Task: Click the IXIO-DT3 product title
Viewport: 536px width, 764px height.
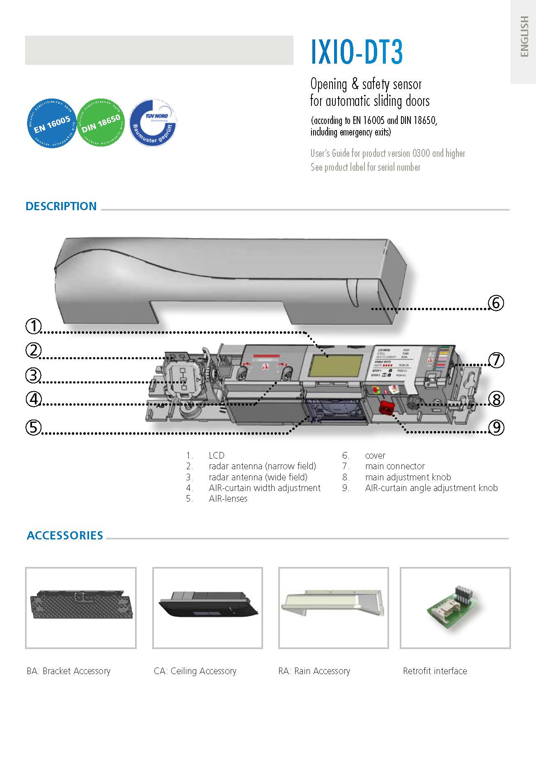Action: (x=356, y=52)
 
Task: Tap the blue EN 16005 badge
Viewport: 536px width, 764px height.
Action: (x=52, y=123)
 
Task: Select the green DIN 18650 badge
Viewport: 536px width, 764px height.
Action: (x=101, y=123)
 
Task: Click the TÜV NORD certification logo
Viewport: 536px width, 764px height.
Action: (x=153, y=123)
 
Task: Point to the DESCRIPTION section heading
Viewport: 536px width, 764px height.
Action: (x=61, y=206)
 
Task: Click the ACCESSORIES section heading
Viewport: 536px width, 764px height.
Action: (x=65, y=535)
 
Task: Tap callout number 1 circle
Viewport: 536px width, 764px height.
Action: (x=34, y=326)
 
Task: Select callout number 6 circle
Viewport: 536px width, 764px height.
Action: (x=496, y=303)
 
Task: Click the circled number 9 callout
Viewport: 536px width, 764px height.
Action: (x=496, y=428)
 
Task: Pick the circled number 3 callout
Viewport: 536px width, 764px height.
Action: (x=34, y=375)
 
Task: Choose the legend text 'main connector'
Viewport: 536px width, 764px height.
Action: (x=395, y=466)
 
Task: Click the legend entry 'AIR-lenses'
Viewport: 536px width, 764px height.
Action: (x=228, y=499)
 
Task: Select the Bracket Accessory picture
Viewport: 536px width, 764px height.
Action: (x=81, y=608)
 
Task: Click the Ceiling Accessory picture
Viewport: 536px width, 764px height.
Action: (x=208, y=608)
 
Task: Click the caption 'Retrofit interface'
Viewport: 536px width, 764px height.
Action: (x=435, y=671)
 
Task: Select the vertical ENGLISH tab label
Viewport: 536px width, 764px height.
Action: (x=524, y=37)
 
